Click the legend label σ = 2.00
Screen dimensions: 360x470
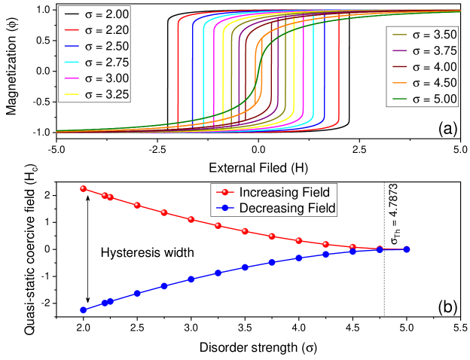pos(106,14)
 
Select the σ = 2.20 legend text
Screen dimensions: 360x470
pos(106,30)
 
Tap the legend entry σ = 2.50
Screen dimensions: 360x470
pos(106,46)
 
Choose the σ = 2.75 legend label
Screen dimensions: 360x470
pos(106,62)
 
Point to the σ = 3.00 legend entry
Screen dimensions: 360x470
pos(106,78)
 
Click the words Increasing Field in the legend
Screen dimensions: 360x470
pos(284,192)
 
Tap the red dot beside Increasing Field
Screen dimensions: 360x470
pos(224,192)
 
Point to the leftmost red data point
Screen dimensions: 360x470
pos(84,188)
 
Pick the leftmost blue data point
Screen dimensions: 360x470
pos(84,310)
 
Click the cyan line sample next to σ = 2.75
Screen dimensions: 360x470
pos(72,62)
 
